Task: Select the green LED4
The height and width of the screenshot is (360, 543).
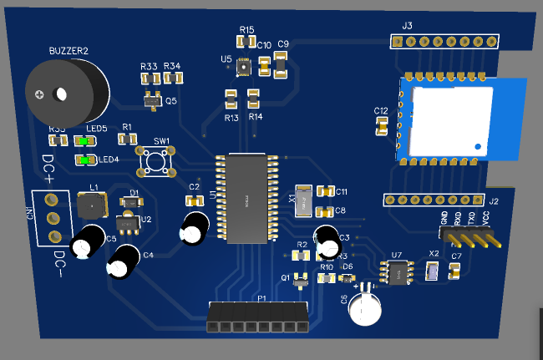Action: (x=84, y=159)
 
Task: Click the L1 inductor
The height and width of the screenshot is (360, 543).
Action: (x=92, y=205)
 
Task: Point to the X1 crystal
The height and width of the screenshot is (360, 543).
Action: (x=305, y=200)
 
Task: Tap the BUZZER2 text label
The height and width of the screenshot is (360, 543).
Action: (x=68, y=51)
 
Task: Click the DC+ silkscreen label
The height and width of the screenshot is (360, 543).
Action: (x=48, y=169)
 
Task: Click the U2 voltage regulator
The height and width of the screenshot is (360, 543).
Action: (x=127, y=224)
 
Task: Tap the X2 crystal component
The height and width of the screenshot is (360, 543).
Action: (x=432, y=271)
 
